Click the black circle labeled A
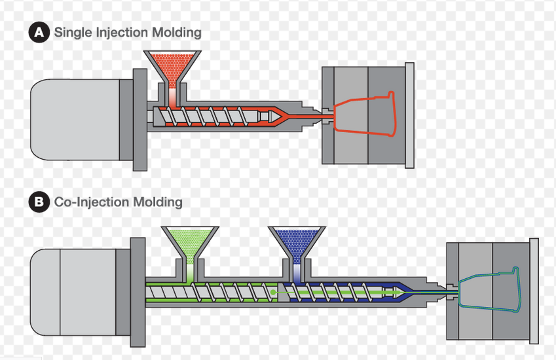39,32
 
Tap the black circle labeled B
39,202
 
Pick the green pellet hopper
190,245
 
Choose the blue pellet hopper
297,245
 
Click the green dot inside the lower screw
272,292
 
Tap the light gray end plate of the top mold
409,115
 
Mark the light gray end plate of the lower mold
534,291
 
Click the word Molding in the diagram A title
177,32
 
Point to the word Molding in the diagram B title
158,202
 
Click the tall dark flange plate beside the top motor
140,120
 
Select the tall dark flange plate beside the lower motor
138,292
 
